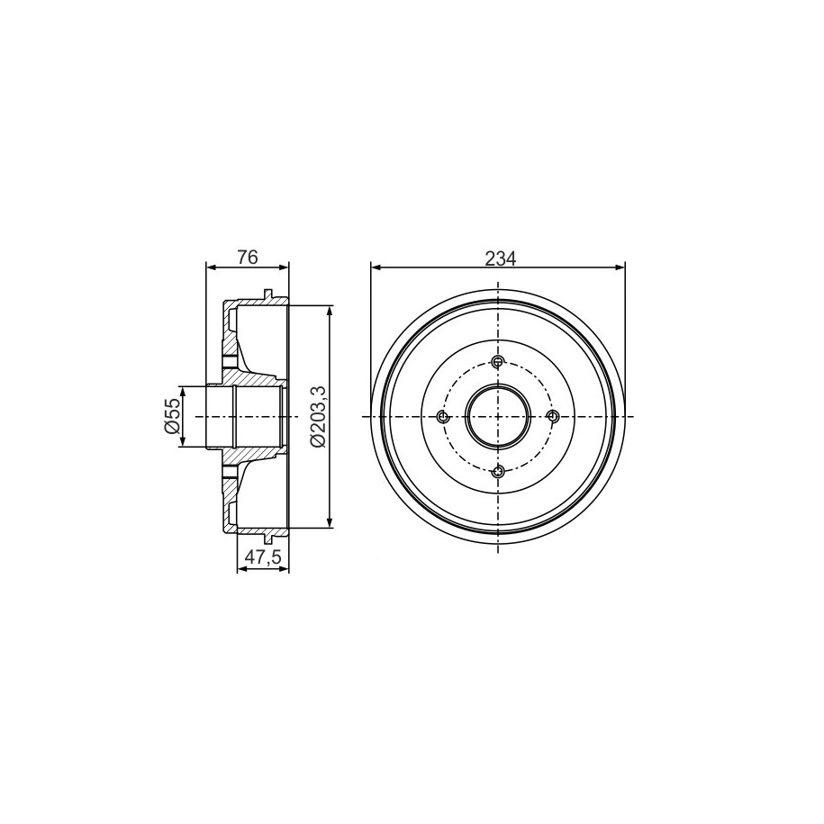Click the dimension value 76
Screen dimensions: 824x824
[x=247, y=258]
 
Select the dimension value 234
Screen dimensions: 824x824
[x=501, y=258]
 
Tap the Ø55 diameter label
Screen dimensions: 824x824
[x=172, y=416]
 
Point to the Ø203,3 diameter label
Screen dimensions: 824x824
[x=320, y=416]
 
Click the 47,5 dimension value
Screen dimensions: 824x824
[x=263, y=557]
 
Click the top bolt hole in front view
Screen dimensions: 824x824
[x=498, y=361]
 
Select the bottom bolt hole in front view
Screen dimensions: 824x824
[x=498, y=471]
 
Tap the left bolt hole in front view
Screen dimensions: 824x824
[x=443, y=417]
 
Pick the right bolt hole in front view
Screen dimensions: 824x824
[x=552, y=417]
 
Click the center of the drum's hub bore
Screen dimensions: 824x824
[x=498, y=417]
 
